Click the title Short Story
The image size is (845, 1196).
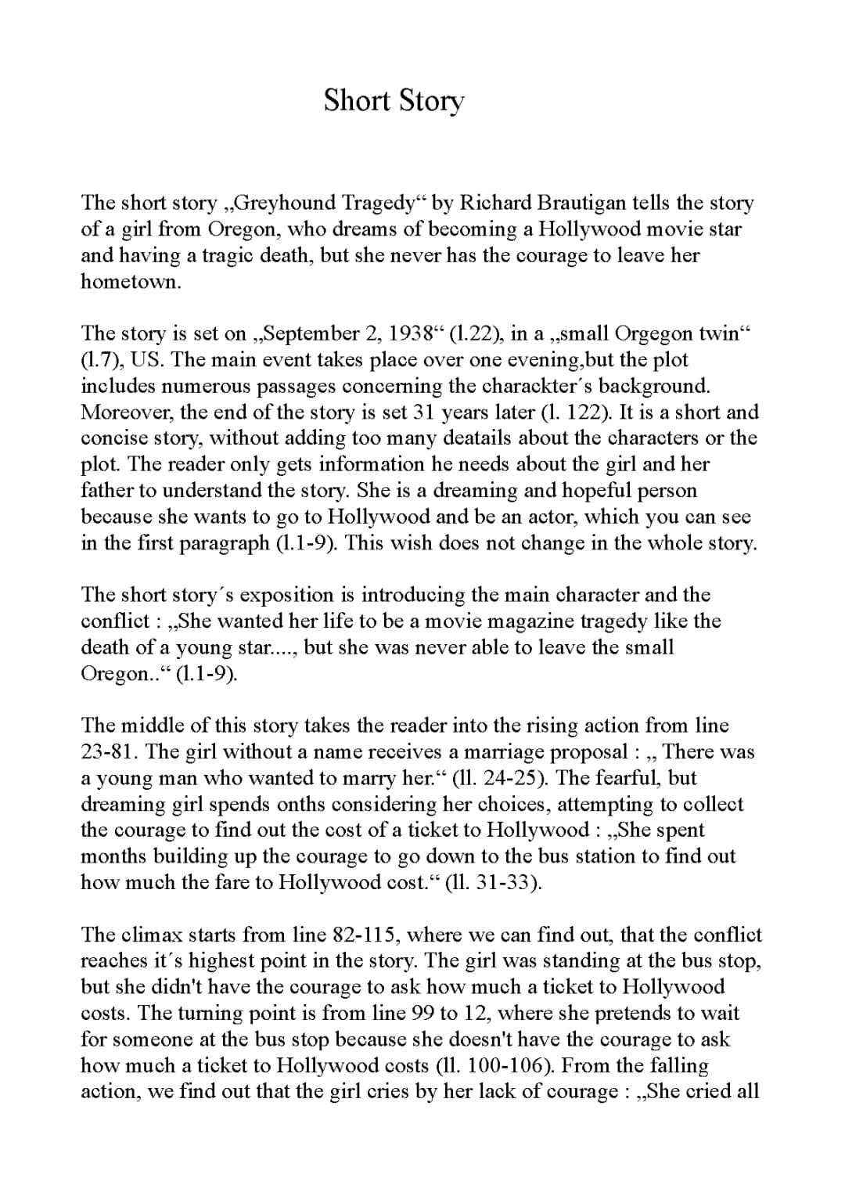click(x=394, y=101)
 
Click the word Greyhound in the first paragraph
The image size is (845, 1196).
click(x=286, y=204)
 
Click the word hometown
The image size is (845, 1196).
click(x=130, y=282)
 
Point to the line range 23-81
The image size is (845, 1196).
click(x=109, y=752)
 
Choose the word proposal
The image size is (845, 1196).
click(x=588, y=752)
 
